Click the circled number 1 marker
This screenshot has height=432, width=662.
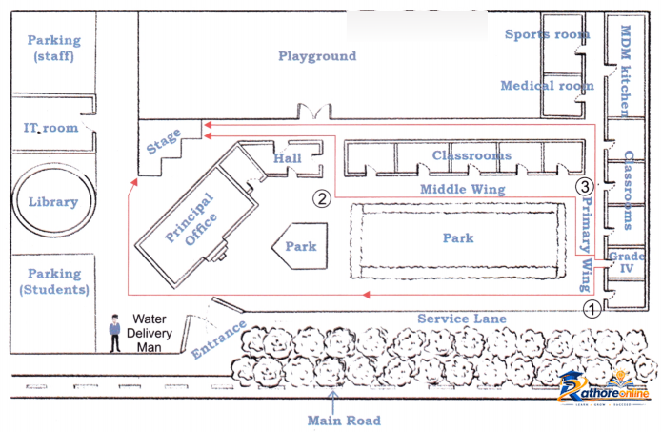coord(592,309)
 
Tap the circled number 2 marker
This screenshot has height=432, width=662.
coord(322,198)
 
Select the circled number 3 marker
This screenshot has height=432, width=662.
coord(585,186)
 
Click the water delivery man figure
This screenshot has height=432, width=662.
coord(114,333)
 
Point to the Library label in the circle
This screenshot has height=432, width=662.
coord(53,201)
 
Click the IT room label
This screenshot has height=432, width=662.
coord(50,127)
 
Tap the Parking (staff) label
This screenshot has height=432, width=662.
coord(54,48)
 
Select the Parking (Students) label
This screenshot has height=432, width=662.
coord(54,281)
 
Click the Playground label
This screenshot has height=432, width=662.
coord(317,56)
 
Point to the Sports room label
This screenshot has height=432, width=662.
coord(547,33)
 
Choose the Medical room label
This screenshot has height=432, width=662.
coord(547,86)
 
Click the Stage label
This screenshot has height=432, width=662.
coord(164,141)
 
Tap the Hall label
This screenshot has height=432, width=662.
coord(288,158)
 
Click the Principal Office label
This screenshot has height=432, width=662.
coord(191,219)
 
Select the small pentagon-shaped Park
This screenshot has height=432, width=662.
coord(300,246)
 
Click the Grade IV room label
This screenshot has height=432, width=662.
coord(627,261)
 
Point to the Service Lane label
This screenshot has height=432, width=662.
coord(462,319)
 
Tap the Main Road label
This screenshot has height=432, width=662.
coord(344,421)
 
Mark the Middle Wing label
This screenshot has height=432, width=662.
coord(463,189)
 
